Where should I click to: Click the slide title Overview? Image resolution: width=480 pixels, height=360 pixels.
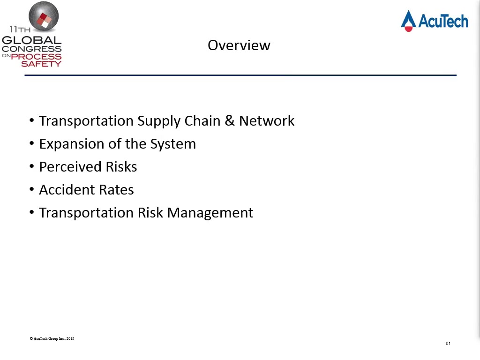point(239,45)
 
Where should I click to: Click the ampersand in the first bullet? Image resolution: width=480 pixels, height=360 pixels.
point(230,120)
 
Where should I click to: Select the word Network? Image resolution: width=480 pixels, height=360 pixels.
point(267,120)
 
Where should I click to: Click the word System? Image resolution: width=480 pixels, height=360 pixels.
point(173,144)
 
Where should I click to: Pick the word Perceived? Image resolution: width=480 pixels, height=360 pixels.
point(70,166)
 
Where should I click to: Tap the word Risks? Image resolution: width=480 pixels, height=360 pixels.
point(121,166)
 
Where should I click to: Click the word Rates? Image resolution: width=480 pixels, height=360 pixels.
point(117,189)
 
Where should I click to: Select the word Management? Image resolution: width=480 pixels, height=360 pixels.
point(210,213)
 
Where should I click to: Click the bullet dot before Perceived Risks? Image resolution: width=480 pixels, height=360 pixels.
point(32,166)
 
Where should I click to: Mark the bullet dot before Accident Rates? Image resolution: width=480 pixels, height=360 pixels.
point(32,189)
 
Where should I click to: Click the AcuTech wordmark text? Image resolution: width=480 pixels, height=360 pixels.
point(443,21)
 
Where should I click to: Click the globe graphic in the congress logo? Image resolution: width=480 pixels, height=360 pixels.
point(44,16)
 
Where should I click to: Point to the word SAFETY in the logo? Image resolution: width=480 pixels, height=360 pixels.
point(41,64)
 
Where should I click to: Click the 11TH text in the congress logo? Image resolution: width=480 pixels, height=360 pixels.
point(20,30)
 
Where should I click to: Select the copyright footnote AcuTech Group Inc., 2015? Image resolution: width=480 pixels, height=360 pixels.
point(52,338)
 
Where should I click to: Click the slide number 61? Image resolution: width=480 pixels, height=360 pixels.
point(448,344)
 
